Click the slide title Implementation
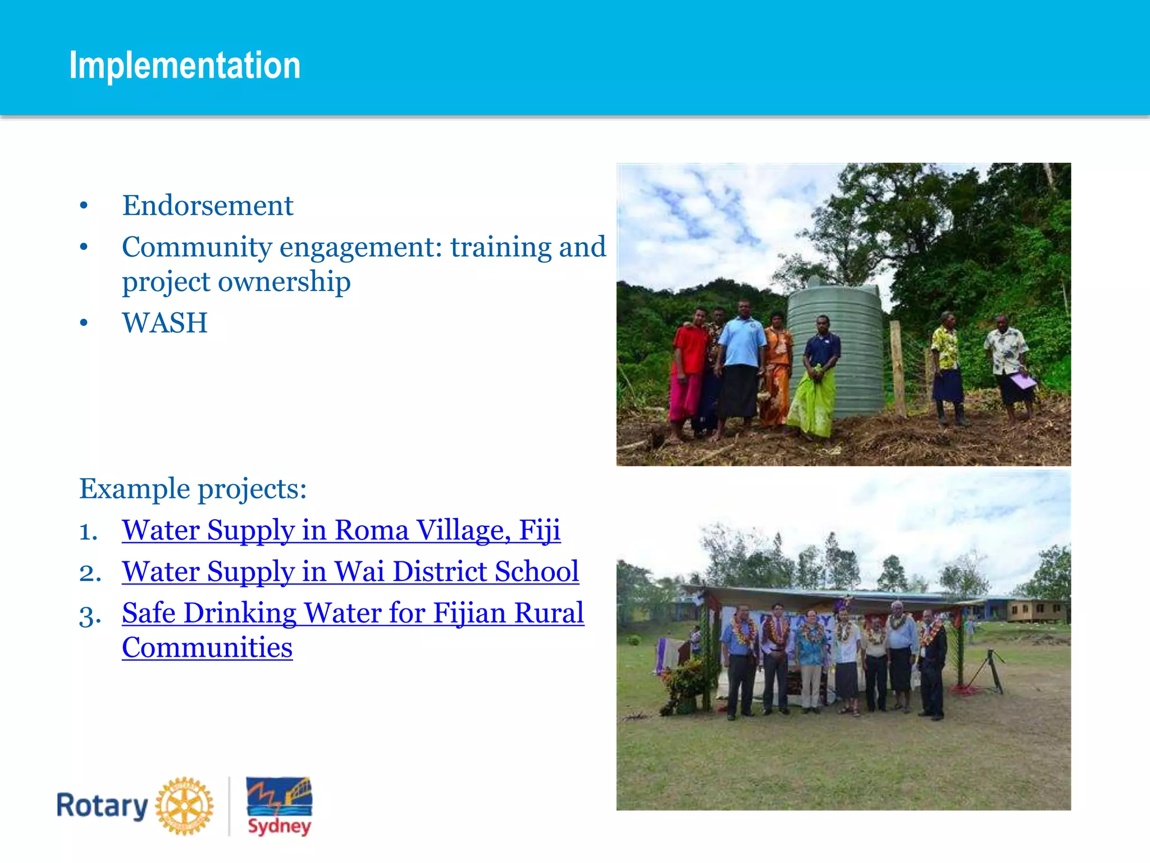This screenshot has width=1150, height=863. pyautogui.click(x=185, y=66)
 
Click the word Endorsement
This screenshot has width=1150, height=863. pyautogui.click(x=208, y=206)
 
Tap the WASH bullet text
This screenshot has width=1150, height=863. pyautogui.click(x=165, y=323)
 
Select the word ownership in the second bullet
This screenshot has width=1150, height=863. pyautogui.click(x=284, y=281)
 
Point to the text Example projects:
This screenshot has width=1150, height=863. pyautogui.click(x=193, y=489)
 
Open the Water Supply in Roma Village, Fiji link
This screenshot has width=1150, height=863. pyautogui.click(x=341, y=530)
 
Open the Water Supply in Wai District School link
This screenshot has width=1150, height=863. pyautogui.click(x=350, y=572)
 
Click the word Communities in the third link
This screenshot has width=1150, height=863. pyautogui.click(x=207, y=648)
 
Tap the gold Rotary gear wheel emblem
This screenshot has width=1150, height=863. pyautogui.click(x=184, y=806)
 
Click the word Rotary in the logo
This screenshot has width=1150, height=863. pyautogui.click(x=102, y=806)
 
